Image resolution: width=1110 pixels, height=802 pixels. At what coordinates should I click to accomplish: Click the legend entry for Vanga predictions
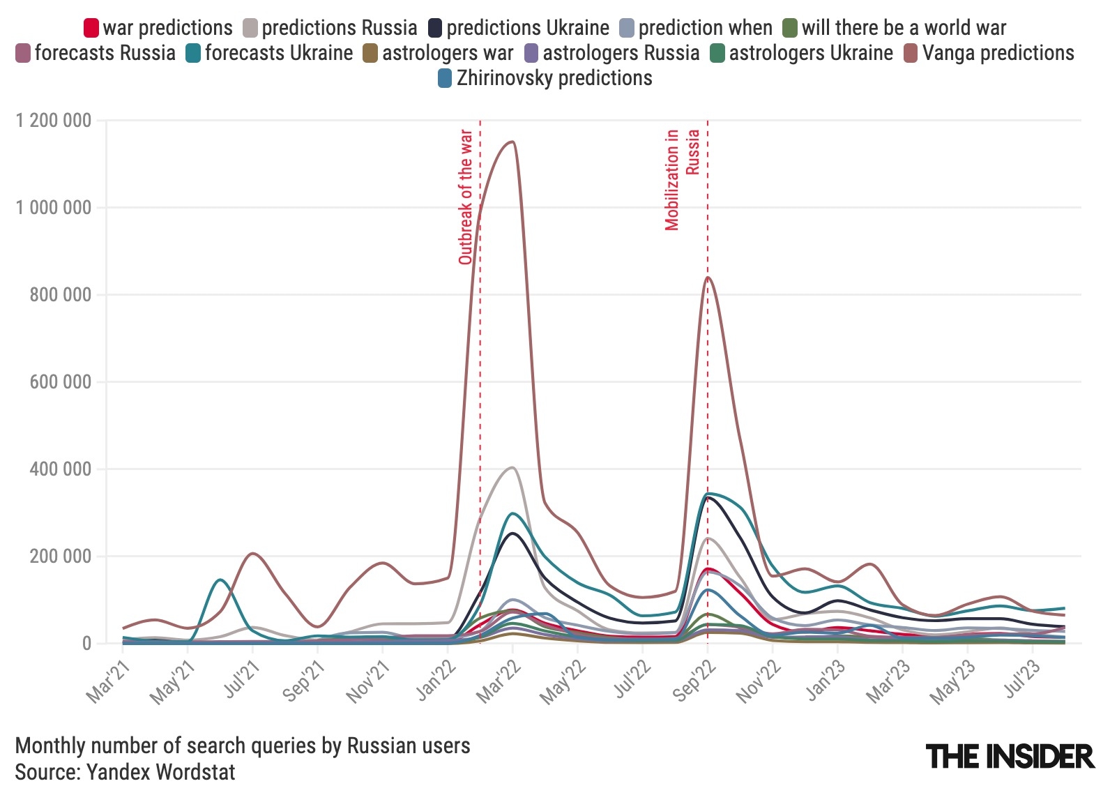(x=989, y=53)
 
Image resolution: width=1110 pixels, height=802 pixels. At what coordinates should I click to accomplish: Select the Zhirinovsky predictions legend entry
(x=545, y=78)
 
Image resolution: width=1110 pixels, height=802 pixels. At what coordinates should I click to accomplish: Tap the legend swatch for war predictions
(x=91, y=28)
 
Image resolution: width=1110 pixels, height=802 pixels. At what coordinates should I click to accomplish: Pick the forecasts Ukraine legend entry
(x=270, y=53)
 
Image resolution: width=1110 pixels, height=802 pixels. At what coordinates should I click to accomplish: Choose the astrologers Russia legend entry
(x=611, y=53)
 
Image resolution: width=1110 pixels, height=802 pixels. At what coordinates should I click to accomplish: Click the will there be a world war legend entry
(x=895, y=28)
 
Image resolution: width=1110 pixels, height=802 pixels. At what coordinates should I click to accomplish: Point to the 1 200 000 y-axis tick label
(x=54, y=121)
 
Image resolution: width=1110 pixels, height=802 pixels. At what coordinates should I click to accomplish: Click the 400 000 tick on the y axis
(x=61, y=469)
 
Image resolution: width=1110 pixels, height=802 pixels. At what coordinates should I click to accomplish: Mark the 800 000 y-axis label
(x=61, y=295)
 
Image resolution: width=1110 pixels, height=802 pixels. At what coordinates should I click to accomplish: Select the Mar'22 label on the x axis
(x=500, y=680)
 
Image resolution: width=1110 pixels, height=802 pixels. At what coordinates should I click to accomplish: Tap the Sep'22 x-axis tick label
(x=695, y=680)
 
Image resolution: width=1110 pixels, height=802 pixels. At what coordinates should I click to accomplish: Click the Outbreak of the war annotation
(x=466, y=197)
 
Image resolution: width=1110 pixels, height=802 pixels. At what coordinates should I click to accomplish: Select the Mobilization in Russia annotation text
(x=681, y=179)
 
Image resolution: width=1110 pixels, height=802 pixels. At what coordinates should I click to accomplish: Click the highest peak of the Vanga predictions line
(x=512, y=142)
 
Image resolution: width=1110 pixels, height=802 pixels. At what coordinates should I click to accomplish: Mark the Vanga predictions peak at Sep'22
(x=708, y=278)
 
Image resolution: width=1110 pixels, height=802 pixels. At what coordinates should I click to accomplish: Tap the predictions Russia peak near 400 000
(x=512, y=467)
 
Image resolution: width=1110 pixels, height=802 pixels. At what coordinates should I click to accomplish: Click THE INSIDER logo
(x=1010, y=757)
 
